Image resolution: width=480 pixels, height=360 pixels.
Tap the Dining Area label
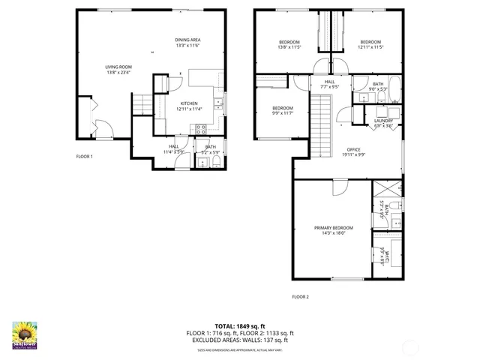tap(187, 43)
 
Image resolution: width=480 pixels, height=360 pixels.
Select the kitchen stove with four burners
tap(201, 128)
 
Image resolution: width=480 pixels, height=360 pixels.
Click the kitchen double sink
tap(217, 103)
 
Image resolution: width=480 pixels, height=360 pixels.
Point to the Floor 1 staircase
tap(142, 106)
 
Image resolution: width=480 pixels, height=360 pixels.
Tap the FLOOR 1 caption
tap(84, 156)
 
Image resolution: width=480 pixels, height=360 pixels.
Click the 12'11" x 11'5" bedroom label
tap(370, 44)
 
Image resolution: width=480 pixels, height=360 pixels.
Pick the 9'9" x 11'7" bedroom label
tap(282, 110)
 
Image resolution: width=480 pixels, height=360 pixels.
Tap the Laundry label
tap(383, 122)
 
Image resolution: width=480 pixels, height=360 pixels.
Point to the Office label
tap(353, 152)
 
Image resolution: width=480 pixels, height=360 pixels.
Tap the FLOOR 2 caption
tap(300, 297)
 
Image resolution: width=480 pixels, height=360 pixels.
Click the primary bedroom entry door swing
tap(340, 187)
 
